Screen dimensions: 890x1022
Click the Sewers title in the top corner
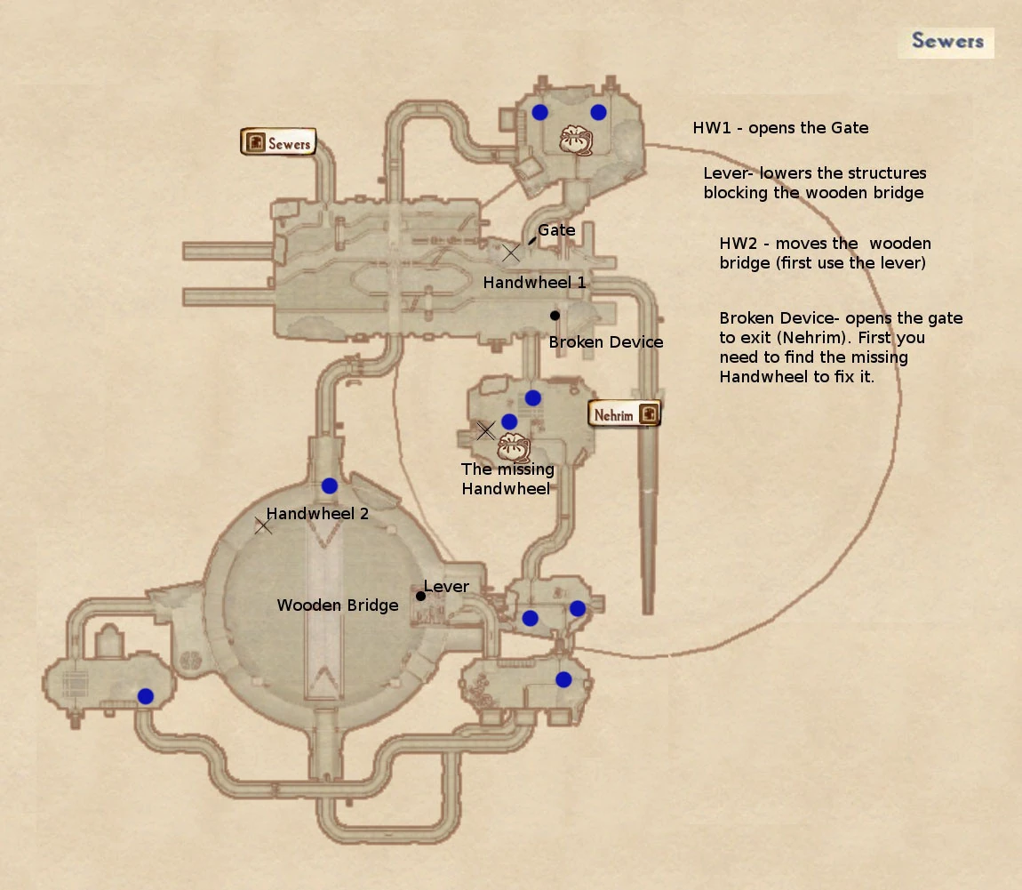pyautogui.click(x=946, y=42)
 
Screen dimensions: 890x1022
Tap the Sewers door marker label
pyautogui.click(x=278, y=143)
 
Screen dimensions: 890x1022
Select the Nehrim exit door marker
pyautogui.click(x=625, y=414)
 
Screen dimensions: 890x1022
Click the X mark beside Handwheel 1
pyautogui.click(x=511, y=253)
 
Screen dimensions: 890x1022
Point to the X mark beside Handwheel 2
pyautogui.click(x=263, y=526)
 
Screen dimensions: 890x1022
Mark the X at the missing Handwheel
pyautogui.click(x=485, y=431)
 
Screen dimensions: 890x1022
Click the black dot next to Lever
pyautogui.click(x=420, y=596)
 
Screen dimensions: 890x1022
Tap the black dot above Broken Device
pyautogui.click(x=555, y=316)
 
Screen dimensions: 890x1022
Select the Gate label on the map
pyautogui.click(x=556, y=230)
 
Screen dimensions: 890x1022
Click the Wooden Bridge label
pyautogui.click(x=338, y=605)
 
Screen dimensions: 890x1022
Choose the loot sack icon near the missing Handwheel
pyautogui.click(x=513, y=445)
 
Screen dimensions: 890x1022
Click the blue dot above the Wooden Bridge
pyautogui.click(x=330, y=485)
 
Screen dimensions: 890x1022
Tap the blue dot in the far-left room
pyautogui.click(x=145, y=696)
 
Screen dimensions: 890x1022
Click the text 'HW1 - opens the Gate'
pyautogui.click(x=780, y=128)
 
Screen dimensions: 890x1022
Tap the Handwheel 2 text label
pyautogui.click(x=317, y=513)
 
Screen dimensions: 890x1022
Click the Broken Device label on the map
pyautogui.click(x=606, y=342)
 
